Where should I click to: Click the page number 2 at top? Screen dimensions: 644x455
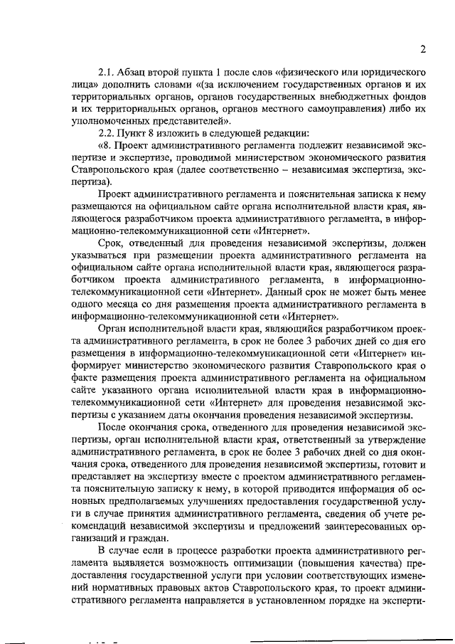(422, 49)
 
